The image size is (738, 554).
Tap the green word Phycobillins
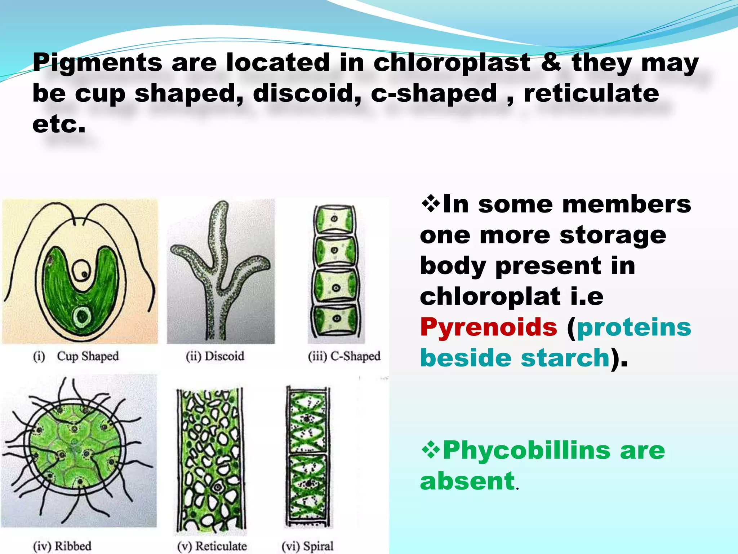coord(526,451)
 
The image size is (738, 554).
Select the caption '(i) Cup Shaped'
coord(76,356)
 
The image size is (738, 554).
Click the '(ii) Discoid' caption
coord(215,356)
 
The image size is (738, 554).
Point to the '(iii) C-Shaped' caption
coord(344,356)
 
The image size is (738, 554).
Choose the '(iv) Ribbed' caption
coord(62,546)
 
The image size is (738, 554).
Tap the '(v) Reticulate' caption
coord(212,546)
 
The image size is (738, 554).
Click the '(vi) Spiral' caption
coord(307,546)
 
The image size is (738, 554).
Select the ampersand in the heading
coord(551,62)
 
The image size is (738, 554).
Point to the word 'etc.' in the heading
coord(59,124)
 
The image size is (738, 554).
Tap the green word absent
coord(467,481)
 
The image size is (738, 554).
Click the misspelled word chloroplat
coord(490,296)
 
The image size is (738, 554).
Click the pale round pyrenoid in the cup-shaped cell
coord(82,317)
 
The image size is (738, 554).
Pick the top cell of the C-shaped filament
coord(335,219)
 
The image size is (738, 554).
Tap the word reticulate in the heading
coord(591,93)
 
